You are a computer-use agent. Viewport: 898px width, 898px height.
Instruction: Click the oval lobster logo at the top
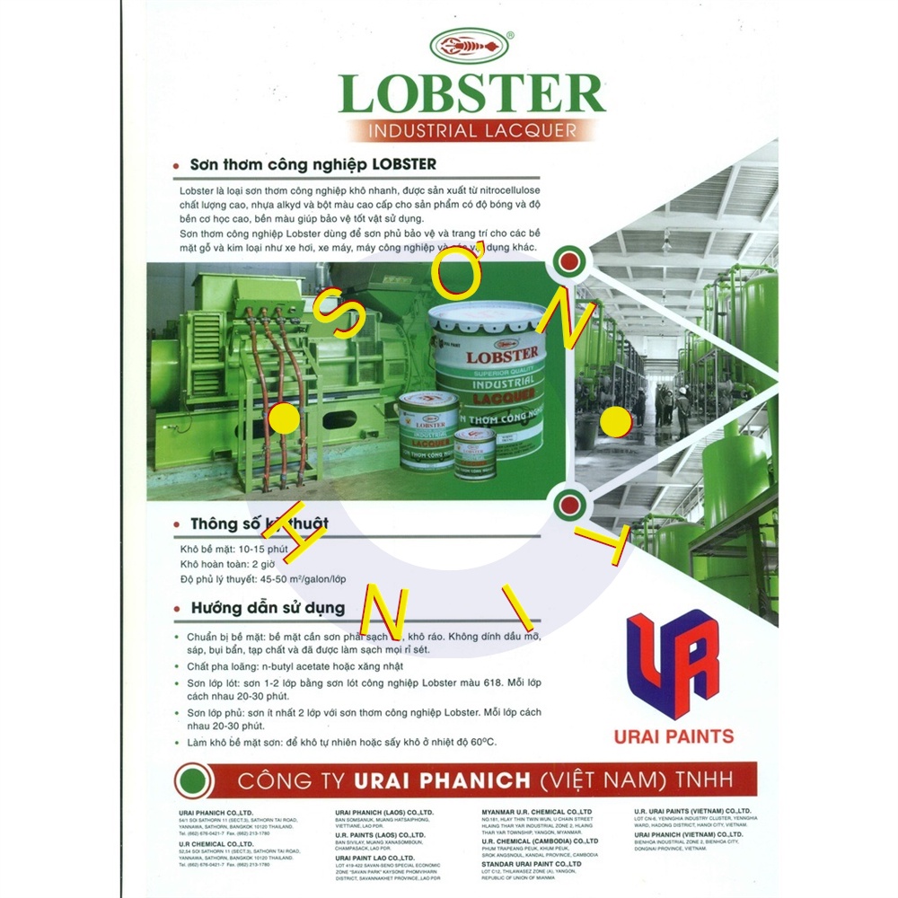[471, 46]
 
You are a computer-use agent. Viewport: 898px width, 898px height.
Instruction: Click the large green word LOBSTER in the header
[471, 94]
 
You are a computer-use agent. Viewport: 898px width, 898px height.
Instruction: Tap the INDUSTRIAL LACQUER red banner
[471, 130]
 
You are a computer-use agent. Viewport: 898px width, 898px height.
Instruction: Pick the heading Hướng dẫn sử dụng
[268, 608]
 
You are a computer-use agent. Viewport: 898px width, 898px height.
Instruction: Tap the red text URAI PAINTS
[673, 736]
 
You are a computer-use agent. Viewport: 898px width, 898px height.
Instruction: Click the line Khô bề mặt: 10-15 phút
[227, 548]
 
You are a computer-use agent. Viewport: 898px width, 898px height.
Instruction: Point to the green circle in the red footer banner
[190, 777]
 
